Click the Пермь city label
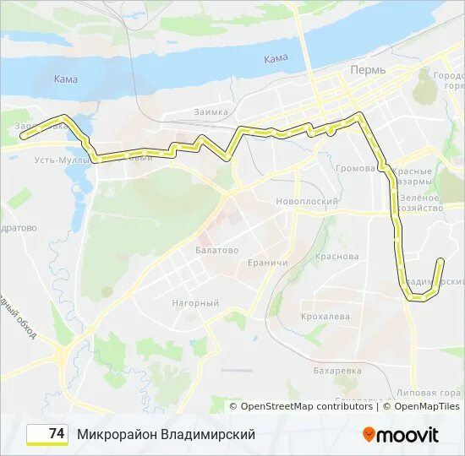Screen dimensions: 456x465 point(367,69)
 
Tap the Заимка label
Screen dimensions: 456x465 point(211,111)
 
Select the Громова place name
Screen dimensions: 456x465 point(355,168)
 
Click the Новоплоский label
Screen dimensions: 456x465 point(307,201)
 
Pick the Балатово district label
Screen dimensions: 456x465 point(216,250)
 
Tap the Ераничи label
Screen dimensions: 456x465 point(268,263)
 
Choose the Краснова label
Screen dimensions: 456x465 point(336,256)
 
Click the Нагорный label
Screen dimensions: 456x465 point(195,302)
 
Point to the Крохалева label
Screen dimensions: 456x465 point(325,317)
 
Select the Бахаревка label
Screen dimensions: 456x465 point(336,370)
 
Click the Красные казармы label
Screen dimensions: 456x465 point(413,176)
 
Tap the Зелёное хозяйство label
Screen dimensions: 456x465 point(420,202)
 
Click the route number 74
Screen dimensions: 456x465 point(57,434)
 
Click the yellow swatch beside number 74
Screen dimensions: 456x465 point(36,434)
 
